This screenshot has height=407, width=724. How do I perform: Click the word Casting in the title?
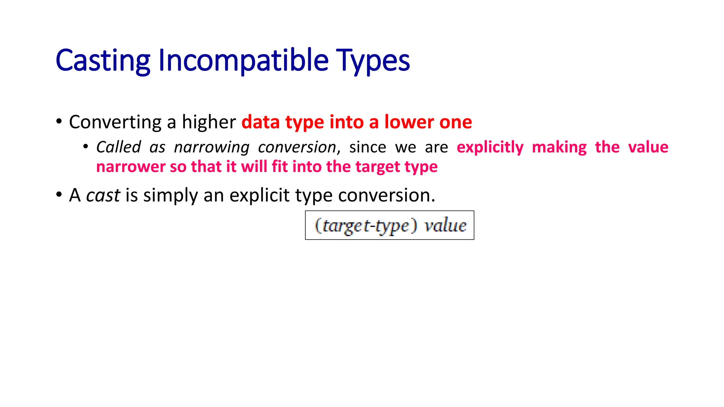pos(103,61)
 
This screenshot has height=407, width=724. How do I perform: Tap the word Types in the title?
pos(373,61)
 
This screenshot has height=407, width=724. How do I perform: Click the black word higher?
pos(209,122)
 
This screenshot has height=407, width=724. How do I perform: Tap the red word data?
pos(261,122)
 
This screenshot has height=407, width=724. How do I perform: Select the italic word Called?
pos(118,147)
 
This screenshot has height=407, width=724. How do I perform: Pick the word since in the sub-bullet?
pos(368,147)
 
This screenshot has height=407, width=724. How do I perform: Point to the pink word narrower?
pos(130,167)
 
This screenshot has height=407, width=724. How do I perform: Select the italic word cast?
pos(103,195)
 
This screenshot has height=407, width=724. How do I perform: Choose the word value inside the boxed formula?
pos(445,225)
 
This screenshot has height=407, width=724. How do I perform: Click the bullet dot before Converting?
pos(59,122)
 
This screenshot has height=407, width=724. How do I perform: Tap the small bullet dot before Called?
pos(86,146)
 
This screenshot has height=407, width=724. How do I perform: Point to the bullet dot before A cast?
pos(59,195)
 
